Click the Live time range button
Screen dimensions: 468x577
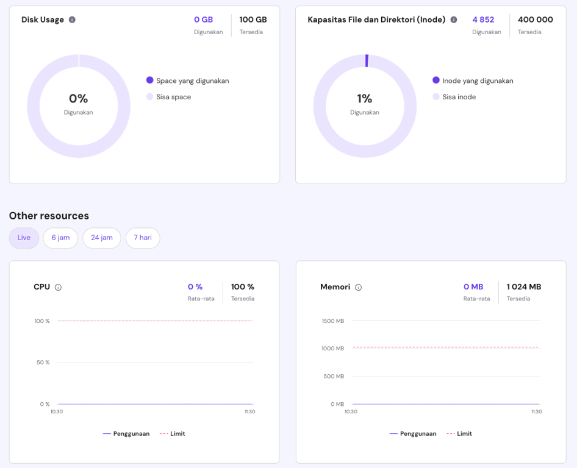point(24,238)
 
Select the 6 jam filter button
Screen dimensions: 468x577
point(60,238)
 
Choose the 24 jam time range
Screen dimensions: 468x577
point(102,238)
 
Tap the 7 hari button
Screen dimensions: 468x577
point(143,238)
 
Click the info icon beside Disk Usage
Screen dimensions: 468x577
point(72,19)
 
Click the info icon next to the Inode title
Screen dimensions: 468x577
point(454,19)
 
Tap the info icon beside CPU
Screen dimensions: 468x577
point(59,287)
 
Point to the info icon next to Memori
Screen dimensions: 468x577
point(359,287)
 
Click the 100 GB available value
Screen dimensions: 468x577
point(253,19)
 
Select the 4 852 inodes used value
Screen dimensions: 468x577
point(483,19)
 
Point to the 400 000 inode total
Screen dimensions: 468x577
point(535,19)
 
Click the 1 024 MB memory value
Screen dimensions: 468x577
point(523,286)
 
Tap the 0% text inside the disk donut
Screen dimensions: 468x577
point(78,99)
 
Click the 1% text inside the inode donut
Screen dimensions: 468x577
point(365,99)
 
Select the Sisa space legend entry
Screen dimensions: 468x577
point(173,97)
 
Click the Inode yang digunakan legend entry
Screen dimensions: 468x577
point(477,80)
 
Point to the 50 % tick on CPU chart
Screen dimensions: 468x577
point(43,363)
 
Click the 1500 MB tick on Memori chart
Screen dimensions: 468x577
point(333,321)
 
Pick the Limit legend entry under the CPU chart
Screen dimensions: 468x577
point(177,434)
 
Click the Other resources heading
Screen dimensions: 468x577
point(49,216)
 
